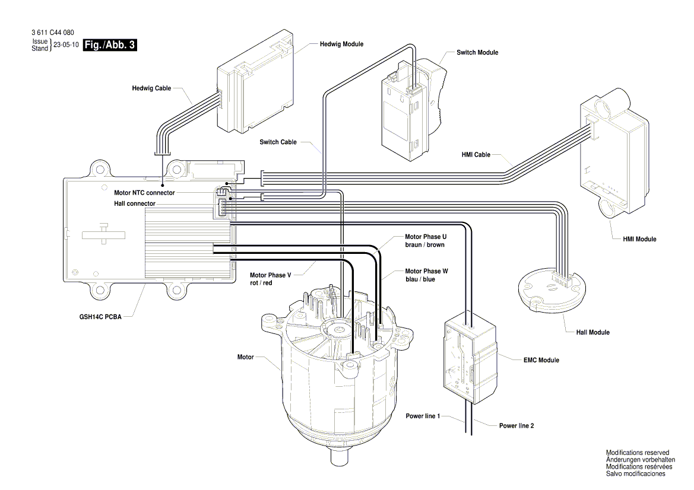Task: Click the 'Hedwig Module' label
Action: point(341,44)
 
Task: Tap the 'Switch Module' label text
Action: point(477,53)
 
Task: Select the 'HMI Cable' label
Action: point(476,155)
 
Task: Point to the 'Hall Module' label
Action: point(592,332)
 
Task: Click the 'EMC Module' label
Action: point(540,360)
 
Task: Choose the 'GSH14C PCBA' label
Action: point(99,317)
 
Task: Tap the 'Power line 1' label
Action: point(423,416)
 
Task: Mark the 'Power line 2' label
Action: point(516,425)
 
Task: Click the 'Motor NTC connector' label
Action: point(144,193)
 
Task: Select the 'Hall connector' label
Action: point(135,203)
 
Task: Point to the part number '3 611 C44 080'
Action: point(53,33)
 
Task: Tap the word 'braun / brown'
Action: point(424,244)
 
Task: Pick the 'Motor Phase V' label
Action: point(270,275)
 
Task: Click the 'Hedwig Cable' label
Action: point(151,88)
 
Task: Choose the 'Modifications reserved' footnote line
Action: point(637,453)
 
